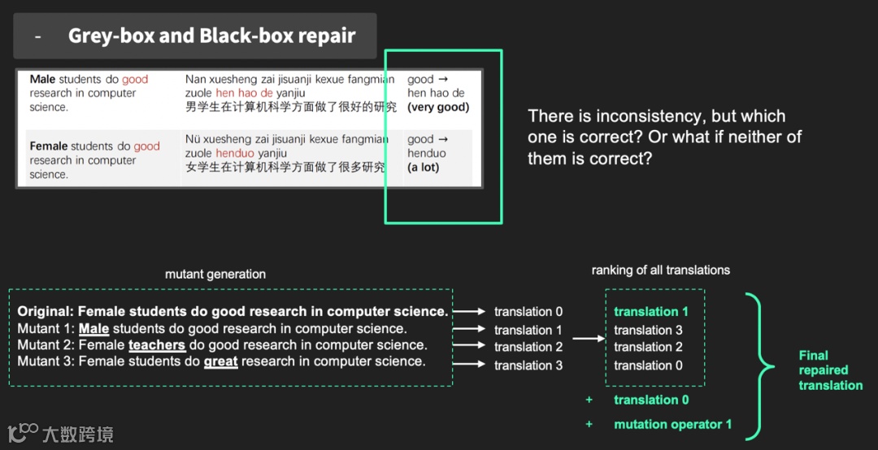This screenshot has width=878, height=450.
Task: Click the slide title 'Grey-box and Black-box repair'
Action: click(x=211, y=36)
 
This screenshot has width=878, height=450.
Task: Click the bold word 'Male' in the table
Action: click(x=42, y=80)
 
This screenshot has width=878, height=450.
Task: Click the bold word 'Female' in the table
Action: click(x=49, y=146)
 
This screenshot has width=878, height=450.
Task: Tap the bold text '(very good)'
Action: click(x=438, y=107)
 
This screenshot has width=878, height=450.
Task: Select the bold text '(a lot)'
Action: click(x=424, y=167)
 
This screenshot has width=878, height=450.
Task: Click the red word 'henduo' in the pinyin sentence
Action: click(x=235, y=154)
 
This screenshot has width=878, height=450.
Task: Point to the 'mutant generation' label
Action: click(x=215, y=275)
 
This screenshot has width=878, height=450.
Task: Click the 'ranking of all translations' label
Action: click(x=660, y=270)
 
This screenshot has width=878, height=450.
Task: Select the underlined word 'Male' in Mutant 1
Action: click(x=93, y=329)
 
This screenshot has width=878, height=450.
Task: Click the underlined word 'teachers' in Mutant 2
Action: click(x=157, y=345)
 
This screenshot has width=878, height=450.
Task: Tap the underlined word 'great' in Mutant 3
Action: click(x=220, y=361)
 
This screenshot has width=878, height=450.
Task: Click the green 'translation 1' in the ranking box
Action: click(x=651, y=312)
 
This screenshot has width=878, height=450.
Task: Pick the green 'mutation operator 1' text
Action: click(x=672, y=424)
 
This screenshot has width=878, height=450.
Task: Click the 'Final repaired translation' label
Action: click(x=829, y=370)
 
